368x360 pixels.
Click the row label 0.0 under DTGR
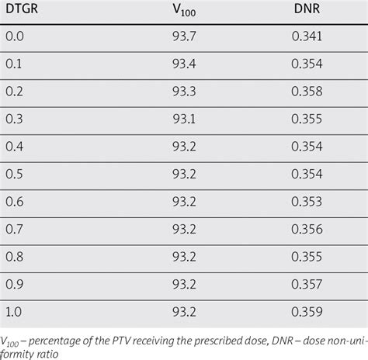tap(15, 36)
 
